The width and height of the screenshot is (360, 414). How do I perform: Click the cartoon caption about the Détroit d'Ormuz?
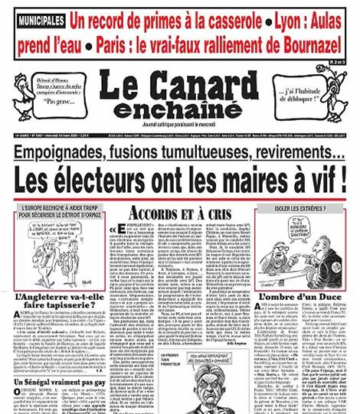pyautogui.click(x=60, y=213)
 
